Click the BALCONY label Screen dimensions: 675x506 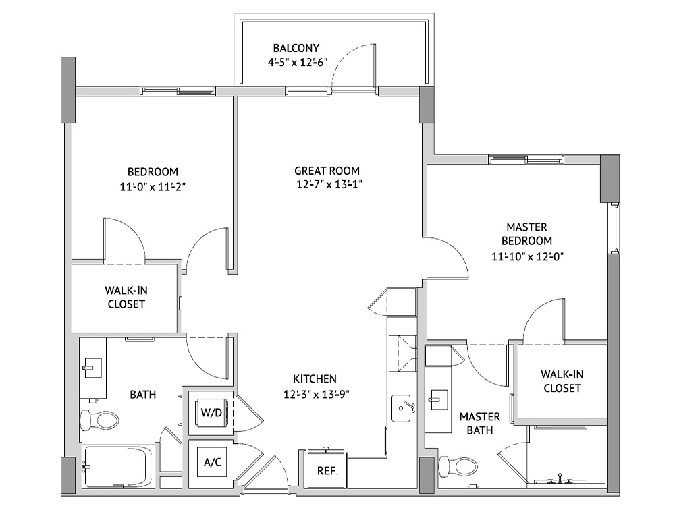pos(296,48)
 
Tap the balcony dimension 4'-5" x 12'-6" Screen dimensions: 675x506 pos(298,62)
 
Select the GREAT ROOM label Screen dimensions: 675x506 pos(327,171)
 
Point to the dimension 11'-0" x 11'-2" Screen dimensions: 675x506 pos(153,187)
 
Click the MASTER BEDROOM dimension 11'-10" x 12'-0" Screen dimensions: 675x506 pos(528,256)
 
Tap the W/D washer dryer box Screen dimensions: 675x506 pos(211,413)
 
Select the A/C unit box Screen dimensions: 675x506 pos(213,462)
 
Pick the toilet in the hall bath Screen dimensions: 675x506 pos(99,420)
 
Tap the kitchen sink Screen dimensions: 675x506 pos(403,408)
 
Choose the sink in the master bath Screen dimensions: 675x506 pos(439,401)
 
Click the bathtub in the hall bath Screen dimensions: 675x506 pos(119,467)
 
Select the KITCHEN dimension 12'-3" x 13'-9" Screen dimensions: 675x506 pos(317,394)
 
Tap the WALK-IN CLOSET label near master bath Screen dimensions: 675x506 pos(562,381)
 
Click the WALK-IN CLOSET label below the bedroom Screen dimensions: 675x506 pos(126,298)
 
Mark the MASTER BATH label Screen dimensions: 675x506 pos(480,424)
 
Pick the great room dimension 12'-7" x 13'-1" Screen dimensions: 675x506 pos(329,185)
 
